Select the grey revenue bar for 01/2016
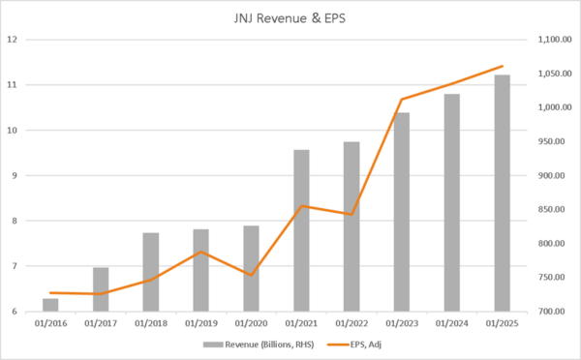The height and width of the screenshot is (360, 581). tap(50, 305)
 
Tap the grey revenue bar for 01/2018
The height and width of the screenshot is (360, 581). tap(150, 272)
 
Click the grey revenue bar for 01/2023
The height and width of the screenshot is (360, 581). tap(401, 212)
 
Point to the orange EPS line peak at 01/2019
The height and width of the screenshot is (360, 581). tap(200, 252)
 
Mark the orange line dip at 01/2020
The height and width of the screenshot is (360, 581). tap(251, 275)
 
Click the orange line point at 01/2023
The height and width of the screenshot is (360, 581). tap(401, 100)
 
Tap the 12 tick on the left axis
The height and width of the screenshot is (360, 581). tap(13, 40)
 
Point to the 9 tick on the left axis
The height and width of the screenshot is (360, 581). tap(14, 175)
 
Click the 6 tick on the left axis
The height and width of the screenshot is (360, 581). tap(14, 312)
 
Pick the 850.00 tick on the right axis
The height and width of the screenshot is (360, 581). tap(550, 209)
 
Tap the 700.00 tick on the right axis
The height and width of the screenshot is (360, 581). tap(550, 312)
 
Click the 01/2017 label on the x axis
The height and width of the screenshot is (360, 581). tap(101, 323)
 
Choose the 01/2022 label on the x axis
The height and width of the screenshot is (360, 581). tap(352, 323)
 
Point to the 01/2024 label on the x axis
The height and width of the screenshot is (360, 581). tap(451, 323)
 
